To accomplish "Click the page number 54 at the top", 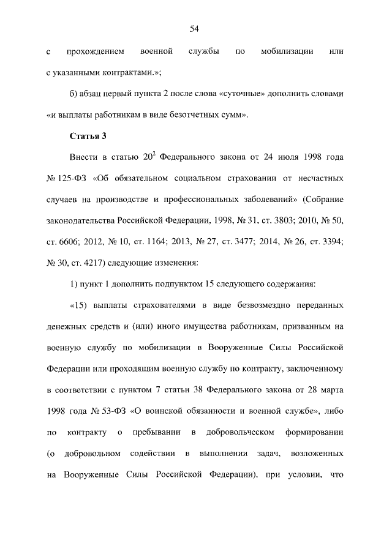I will tap(195, 29).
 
